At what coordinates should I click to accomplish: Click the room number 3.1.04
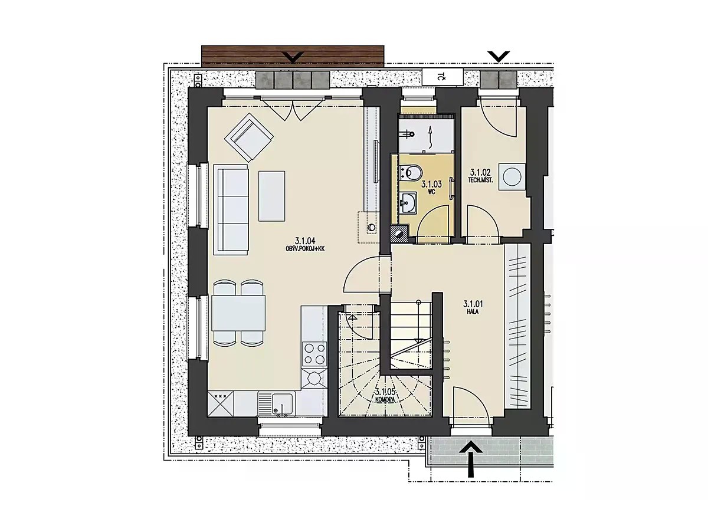point(304,241)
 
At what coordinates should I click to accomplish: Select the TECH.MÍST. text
point(480,180)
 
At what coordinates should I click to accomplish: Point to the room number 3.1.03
point(431,184)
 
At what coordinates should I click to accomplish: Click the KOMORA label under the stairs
point(385,399)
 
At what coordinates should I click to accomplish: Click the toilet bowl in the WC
point(411,172)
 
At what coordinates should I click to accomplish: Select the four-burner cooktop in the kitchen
point(314,354)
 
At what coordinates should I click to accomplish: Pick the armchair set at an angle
point(249,137)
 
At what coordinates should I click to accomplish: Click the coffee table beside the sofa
point(271,196)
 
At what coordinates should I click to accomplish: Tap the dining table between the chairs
point(238,313)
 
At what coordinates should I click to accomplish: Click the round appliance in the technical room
point(512,176)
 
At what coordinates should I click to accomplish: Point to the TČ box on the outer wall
point(442,77)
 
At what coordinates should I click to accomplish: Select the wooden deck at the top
point(293,56)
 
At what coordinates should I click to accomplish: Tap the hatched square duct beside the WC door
point(399,234)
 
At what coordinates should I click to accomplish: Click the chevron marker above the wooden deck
point(294,57)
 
